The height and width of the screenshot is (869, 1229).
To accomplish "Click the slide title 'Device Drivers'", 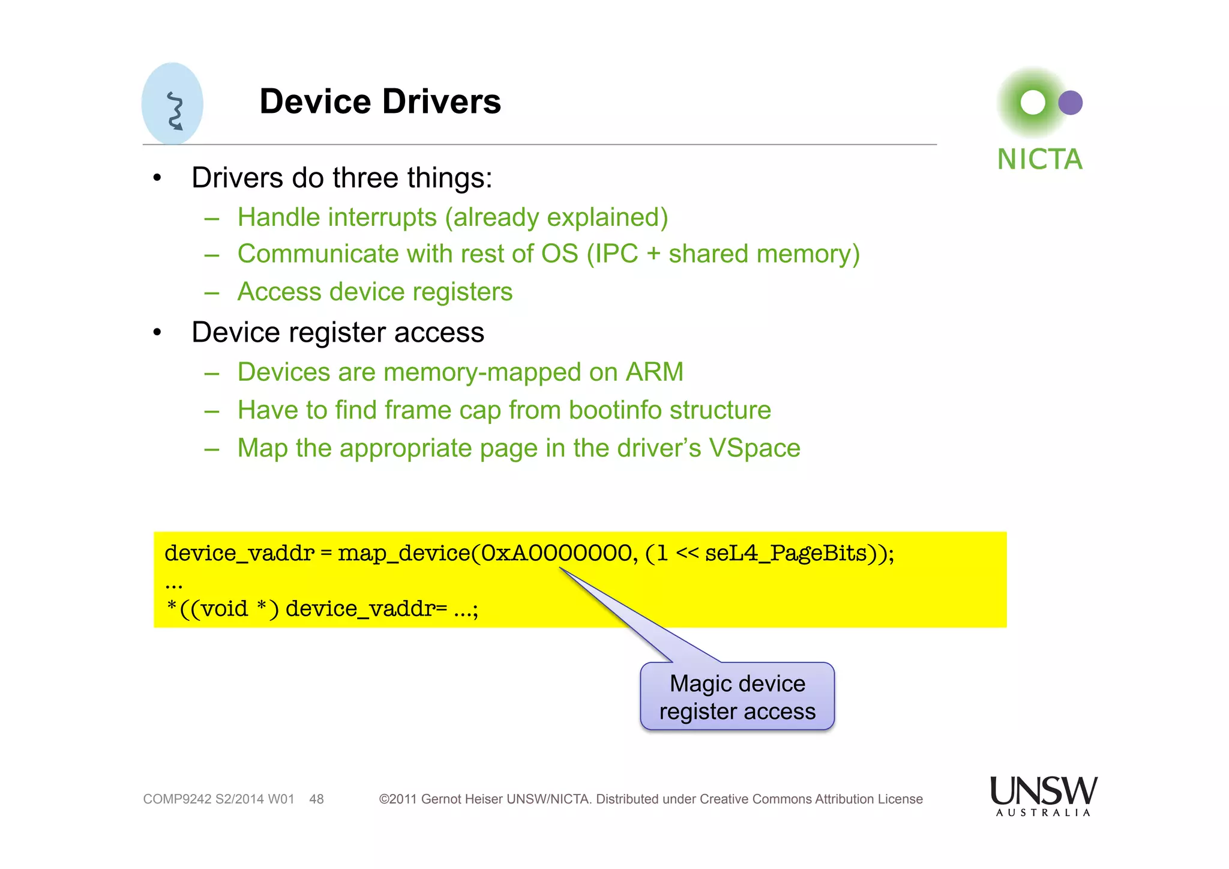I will [x=380, y=101].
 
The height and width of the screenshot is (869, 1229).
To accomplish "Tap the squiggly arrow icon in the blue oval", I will [x=175, y=111].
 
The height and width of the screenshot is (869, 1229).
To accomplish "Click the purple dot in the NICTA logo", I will [x=1070, y=103].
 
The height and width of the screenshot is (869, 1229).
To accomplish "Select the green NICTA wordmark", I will [x=1039, y=160].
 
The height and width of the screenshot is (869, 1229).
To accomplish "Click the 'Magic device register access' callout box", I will [x=737, y=697].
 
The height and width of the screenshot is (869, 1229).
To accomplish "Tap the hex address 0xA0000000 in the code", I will [x=556, y=553].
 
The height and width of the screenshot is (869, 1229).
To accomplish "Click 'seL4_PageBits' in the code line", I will [x=786, y=553].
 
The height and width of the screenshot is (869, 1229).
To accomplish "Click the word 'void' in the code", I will [x=224, y=609].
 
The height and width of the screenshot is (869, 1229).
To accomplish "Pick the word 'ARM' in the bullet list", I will [x=654, y=372].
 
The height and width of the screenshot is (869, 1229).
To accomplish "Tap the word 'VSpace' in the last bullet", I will [x=754, y=448].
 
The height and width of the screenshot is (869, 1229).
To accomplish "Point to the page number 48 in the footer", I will [x=316, y=799].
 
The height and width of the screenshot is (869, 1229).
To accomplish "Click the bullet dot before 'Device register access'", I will [x=157, y=333].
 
